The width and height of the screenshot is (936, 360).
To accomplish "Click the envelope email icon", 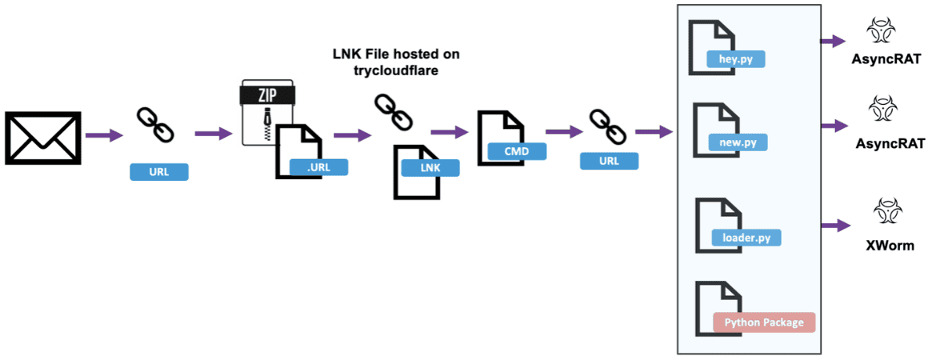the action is click(43, 138).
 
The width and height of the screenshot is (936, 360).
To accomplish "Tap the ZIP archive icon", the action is click(267, 113).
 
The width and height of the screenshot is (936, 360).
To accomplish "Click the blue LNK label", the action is click(430, 168).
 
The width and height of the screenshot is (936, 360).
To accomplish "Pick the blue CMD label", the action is click(517, 152).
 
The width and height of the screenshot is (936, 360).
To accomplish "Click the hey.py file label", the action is click(736, 59).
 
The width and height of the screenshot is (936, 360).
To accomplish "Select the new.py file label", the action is click(738, 142).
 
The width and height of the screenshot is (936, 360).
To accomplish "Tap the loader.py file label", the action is click(747, 238).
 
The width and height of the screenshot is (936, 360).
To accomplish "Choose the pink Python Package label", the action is click(764, 323).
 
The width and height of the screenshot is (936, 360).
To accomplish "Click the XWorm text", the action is click(890, 246).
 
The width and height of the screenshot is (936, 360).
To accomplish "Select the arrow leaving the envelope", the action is click(104, 135).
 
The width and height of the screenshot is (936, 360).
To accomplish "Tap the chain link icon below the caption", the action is click(393, 111).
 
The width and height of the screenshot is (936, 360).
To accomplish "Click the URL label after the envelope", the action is click(159, 172).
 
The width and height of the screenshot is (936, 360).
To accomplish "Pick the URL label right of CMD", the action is click(608, 160).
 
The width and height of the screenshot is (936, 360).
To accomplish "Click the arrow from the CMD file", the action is click(564, 132).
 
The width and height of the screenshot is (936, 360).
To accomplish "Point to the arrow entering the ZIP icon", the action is click(214, 134).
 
